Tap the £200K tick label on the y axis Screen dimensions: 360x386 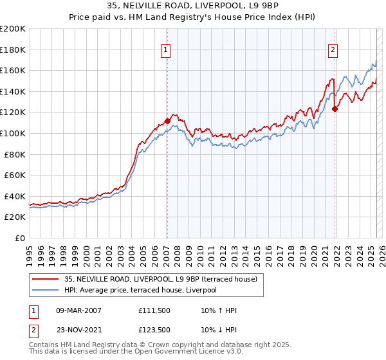(x=13, y=29)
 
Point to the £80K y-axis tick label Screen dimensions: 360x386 (x=15, y=154)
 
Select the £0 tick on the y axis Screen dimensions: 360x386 (x=21, y=238)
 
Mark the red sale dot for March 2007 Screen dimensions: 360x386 (x=167, y=120)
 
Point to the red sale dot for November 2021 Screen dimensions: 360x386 (x=335, y=109)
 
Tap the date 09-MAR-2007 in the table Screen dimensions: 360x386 (x=78, y=310)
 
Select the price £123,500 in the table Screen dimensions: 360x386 (x=153, y=329)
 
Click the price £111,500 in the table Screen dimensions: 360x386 (x=153, y=310)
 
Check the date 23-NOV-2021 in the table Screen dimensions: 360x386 (x=78, y=329)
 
